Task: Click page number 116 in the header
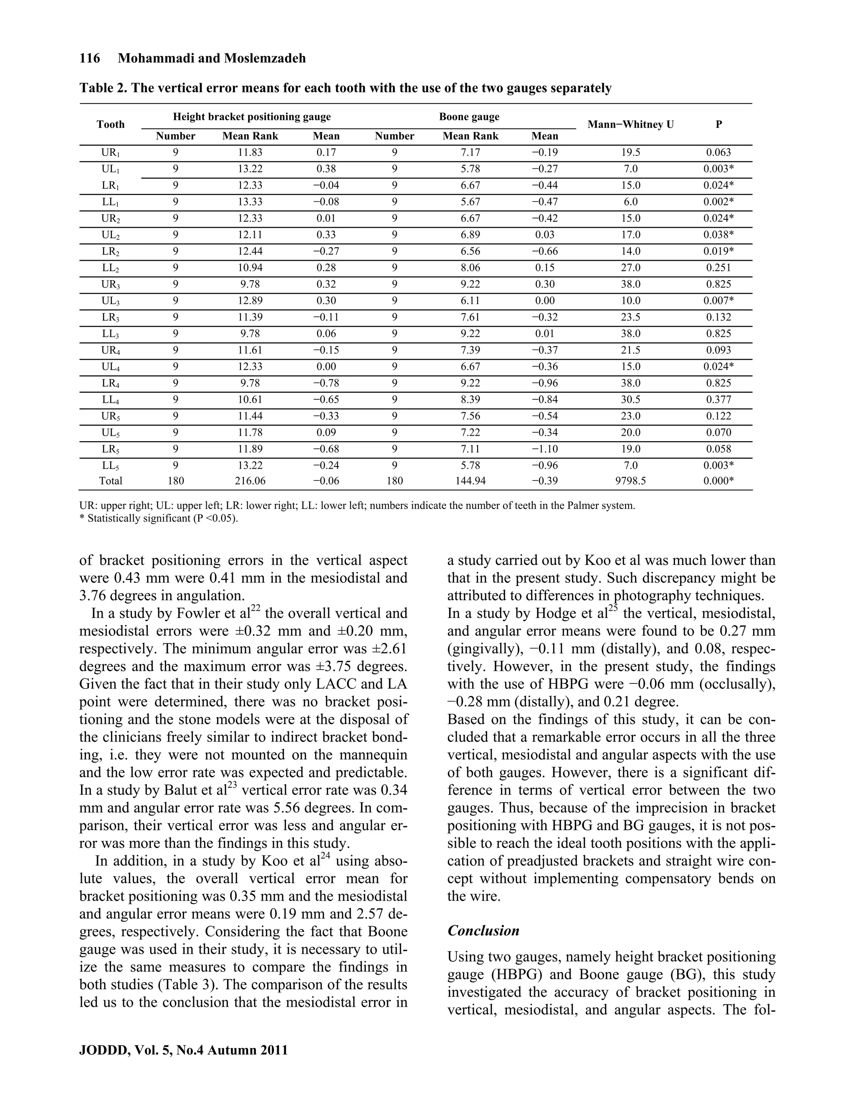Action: [x=90, y=58]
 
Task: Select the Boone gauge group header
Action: [x=469, y=117]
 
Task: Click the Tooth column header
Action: [x=110, y=124]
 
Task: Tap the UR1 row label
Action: [x=110, y=152]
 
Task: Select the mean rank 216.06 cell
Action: [x=250, y=480]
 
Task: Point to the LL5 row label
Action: [x=110, y=466]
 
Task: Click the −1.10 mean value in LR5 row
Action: [x=544, y=449]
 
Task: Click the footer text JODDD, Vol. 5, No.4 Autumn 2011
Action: [x=183, y=1050]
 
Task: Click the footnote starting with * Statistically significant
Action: [x=159, y=518]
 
